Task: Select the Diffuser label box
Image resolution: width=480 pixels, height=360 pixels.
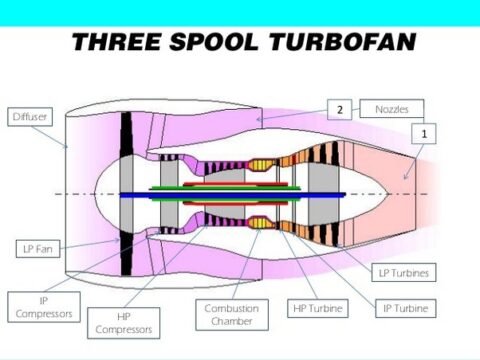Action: click(30, 117)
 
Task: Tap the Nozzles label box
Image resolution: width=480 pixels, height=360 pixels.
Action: click(396, 108)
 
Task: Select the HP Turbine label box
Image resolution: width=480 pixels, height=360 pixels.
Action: click(316, 308)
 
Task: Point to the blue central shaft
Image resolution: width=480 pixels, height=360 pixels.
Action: click(230, 195)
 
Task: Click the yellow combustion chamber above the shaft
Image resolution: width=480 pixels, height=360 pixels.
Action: click(261, 164)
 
